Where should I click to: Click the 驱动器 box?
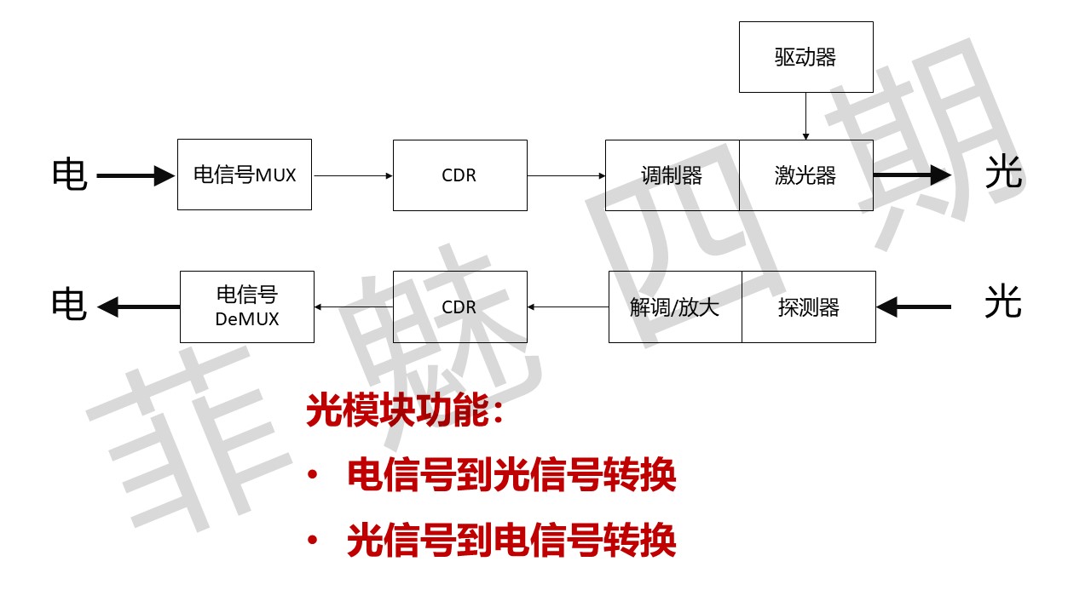click(x=805, y=57)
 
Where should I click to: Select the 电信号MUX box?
click(x=245, y=175)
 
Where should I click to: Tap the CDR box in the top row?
click(x=459, y=175)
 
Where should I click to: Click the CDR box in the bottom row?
click(x=459, y=306)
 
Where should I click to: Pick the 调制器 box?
click(x=672, y=175)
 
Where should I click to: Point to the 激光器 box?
click(x=805, y=175)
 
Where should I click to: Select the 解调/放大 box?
click(x=675, y=306)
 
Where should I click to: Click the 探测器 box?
click(x=808, y=306)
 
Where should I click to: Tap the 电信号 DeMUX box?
click(x=247, y=306)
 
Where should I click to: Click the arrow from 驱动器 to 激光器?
click(x=805, y=116)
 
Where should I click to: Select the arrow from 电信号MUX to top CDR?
click(x=352, y=175)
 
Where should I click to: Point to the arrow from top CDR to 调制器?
click(x=566, y=175)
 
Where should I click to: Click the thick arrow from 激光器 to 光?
click(x=911, y=175)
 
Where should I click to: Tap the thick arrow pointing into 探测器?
click(x=914, y=306)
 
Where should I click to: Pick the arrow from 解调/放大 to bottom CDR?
click(x=568, y=306)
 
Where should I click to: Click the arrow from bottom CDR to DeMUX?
click(x=353, y=306)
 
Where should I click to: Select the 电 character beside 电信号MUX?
click(x=70, y=175)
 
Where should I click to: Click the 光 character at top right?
click(x=1003, y=174)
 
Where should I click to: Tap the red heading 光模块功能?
click(x=405, y=413)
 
